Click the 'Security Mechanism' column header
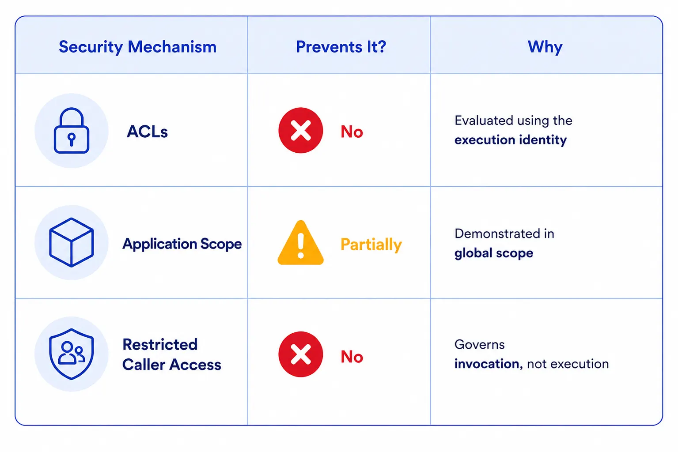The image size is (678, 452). (x=137, y=47)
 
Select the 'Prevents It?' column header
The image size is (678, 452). (x=341, y=47)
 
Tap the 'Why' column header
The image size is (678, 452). (x=545, y=47)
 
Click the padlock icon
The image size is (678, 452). (x=72, y=131)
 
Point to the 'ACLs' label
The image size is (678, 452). (x=147, y=132)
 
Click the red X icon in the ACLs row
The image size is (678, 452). (x=300, y=130)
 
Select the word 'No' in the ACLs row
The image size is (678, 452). (x=352, y=132)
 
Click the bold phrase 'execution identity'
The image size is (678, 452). (x=510, y=140)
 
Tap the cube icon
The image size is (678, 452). (x=72, y=242)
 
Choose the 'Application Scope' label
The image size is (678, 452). (x=182, y=244)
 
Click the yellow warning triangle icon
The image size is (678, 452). (x=300, y=243)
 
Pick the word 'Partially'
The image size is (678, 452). (x=371, y=244)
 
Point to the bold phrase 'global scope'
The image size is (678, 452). (x=494, y=253)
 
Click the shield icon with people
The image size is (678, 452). (x=72, y=354)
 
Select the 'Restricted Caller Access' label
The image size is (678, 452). (x=172, y=354)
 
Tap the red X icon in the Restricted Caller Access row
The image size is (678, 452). (x=300, y=354)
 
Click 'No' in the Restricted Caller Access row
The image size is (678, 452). (x=352, y=356)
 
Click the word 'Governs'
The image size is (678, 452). (x=479, y=345)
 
